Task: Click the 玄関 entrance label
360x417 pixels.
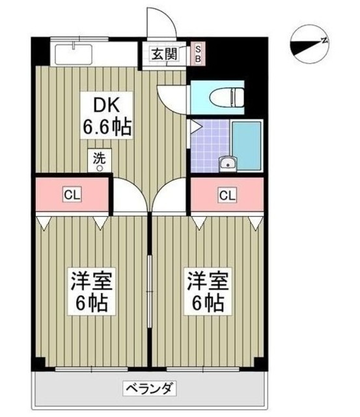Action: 165,55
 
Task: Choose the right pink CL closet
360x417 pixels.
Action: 227,194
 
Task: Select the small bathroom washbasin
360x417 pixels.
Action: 227,164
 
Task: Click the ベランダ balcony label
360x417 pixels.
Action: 149,390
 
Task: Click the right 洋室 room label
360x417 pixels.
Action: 206,293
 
